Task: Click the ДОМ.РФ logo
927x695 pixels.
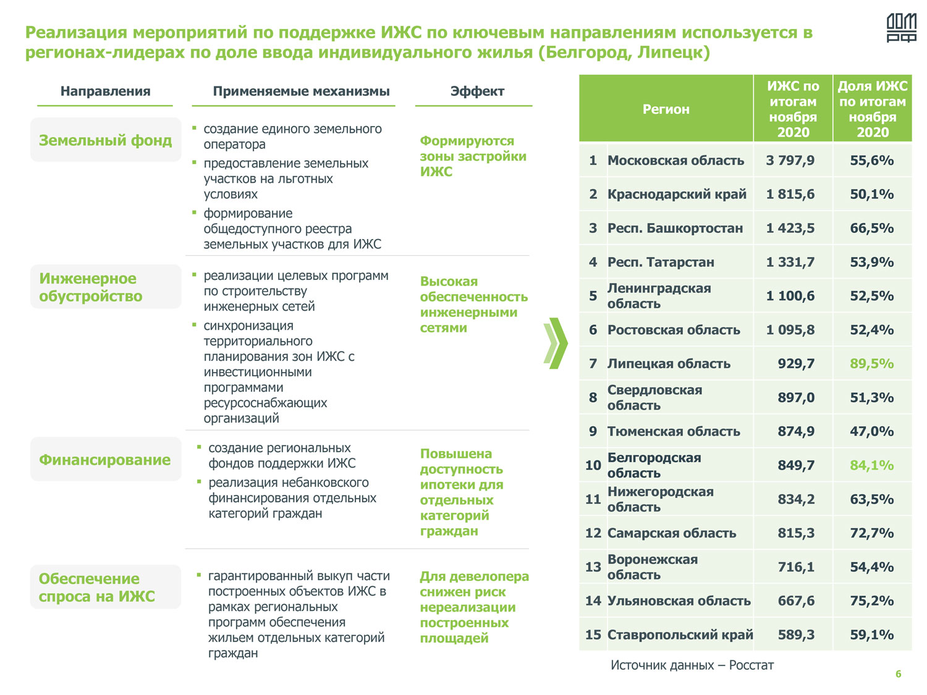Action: [901, 28]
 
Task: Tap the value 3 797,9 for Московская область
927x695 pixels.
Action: [790, 161]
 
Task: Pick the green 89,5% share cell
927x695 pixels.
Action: [871, 364]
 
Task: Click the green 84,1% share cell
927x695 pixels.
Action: [871, 465]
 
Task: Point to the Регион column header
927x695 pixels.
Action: [666, 109]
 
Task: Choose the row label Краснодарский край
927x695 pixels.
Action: [677, 195]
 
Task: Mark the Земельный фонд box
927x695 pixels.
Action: [106, 140]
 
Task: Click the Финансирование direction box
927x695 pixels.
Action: [105, 460]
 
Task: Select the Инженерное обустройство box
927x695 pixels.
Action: [106, 287]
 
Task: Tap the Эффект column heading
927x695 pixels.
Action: [477, 91]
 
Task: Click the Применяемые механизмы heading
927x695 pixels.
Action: [301, 91]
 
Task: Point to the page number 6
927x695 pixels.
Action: [898, 674]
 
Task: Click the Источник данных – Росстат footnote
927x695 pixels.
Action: [692, 665]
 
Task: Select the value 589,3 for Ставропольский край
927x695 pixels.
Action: [796, 635]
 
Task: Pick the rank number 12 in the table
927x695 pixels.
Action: [593, 533]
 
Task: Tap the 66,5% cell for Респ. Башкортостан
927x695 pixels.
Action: [871, 229]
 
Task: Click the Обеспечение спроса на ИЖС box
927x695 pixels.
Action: [106, 588]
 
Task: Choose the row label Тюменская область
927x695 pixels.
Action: [674, 432]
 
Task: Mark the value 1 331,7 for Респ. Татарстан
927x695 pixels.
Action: [790, 263]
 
